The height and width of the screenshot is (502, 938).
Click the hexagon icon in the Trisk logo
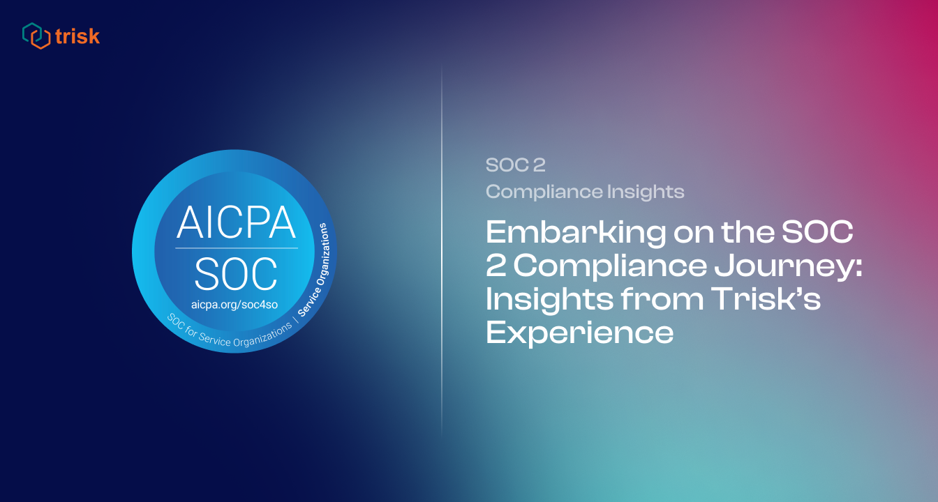coord(36,36)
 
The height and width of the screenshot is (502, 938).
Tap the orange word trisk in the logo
coord(77,36)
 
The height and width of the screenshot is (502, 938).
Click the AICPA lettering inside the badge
coord(236,221)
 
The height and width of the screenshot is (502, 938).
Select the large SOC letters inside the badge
coord(236,274)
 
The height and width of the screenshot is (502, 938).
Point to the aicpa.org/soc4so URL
coord(235,305)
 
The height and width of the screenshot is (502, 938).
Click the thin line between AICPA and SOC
coord(236,248)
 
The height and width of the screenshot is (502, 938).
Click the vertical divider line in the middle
coord(442,251)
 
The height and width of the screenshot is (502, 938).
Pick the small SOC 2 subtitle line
coord(515,166)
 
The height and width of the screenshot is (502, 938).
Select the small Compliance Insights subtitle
coord(585,191)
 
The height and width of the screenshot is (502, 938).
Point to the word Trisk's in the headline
coord(766,300)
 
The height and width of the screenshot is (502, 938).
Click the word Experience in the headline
coord(579,333)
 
